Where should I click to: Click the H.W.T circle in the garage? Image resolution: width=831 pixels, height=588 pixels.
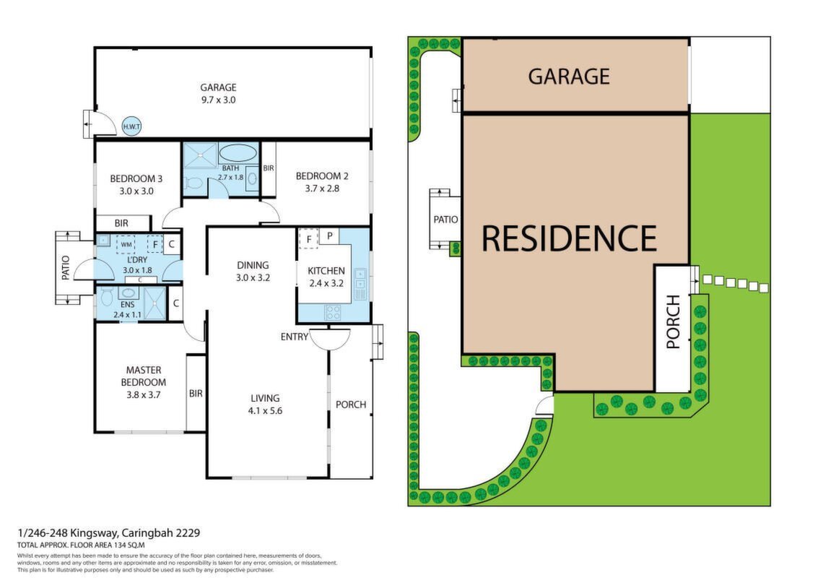[131, 126]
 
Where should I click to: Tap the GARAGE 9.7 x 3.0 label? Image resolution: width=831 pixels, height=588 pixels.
[218, 93]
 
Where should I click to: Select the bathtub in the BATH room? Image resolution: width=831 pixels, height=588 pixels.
[238, 152]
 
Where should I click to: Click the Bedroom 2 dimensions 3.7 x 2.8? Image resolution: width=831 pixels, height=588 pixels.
[322, 189]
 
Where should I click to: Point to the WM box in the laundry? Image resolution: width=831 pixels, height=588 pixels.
[126, 244]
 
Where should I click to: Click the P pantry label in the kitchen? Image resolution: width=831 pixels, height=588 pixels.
[329, 236]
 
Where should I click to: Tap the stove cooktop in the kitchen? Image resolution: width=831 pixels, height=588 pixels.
[333, 312]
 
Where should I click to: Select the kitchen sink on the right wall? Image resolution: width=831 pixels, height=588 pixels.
[360, 284]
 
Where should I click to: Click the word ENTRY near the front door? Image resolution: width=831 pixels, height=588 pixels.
[294, 337]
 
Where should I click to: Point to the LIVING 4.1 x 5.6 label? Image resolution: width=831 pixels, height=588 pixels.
[265, 404]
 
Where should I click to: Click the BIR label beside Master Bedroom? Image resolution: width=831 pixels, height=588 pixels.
[196, 394]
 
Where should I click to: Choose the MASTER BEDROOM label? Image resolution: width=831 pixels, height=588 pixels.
[143, 376]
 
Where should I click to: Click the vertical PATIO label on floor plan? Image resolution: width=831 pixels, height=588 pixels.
[66, 268]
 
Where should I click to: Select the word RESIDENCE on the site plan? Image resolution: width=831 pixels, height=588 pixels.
[569, 238]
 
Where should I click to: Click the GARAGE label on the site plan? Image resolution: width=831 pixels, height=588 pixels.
[569, 77]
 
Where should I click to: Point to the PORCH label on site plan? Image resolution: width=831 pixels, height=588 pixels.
[673, 322]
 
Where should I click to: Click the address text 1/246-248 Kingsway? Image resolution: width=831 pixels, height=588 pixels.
[69, 533]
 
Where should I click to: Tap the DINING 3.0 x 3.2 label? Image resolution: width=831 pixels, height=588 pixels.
[253, 271]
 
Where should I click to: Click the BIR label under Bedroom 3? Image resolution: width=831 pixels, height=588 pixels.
[121, 223]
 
